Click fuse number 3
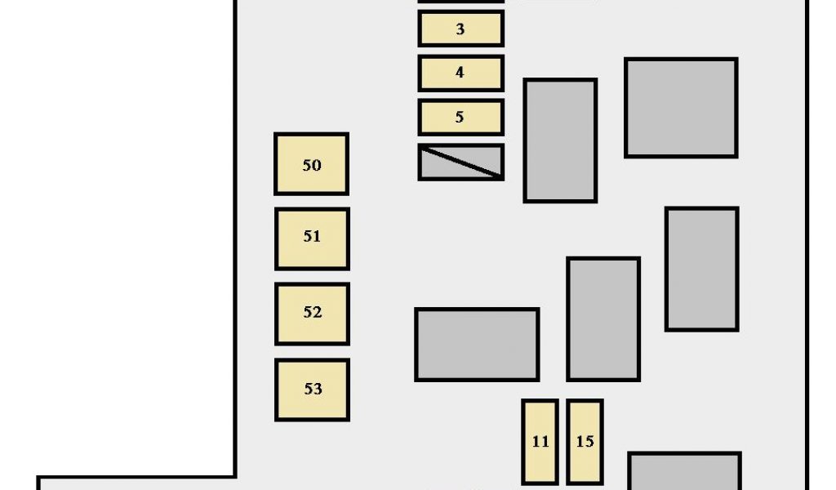pos(460,29)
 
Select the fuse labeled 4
pos(460,73)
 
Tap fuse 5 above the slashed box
pos(460,118)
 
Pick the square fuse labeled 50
pos(311,164)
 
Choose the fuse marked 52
pos(312,314)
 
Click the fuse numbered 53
pos(312,390)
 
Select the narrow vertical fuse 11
pos(540,442)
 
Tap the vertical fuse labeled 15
pos(585,442)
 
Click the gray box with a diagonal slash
pos(460,162)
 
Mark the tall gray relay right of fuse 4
pos(560,140)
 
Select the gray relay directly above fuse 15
pos(603,318)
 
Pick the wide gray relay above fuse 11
pos(477,344)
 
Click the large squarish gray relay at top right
pos(681,108)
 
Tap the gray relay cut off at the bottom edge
pos(684,472)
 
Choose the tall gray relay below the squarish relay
pos(701,269)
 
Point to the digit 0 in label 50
pos(317,165)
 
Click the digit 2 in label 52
pos(318,313)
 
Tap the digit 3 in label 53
pos(318,390)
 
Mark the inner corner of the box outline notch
pos(236,477)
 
